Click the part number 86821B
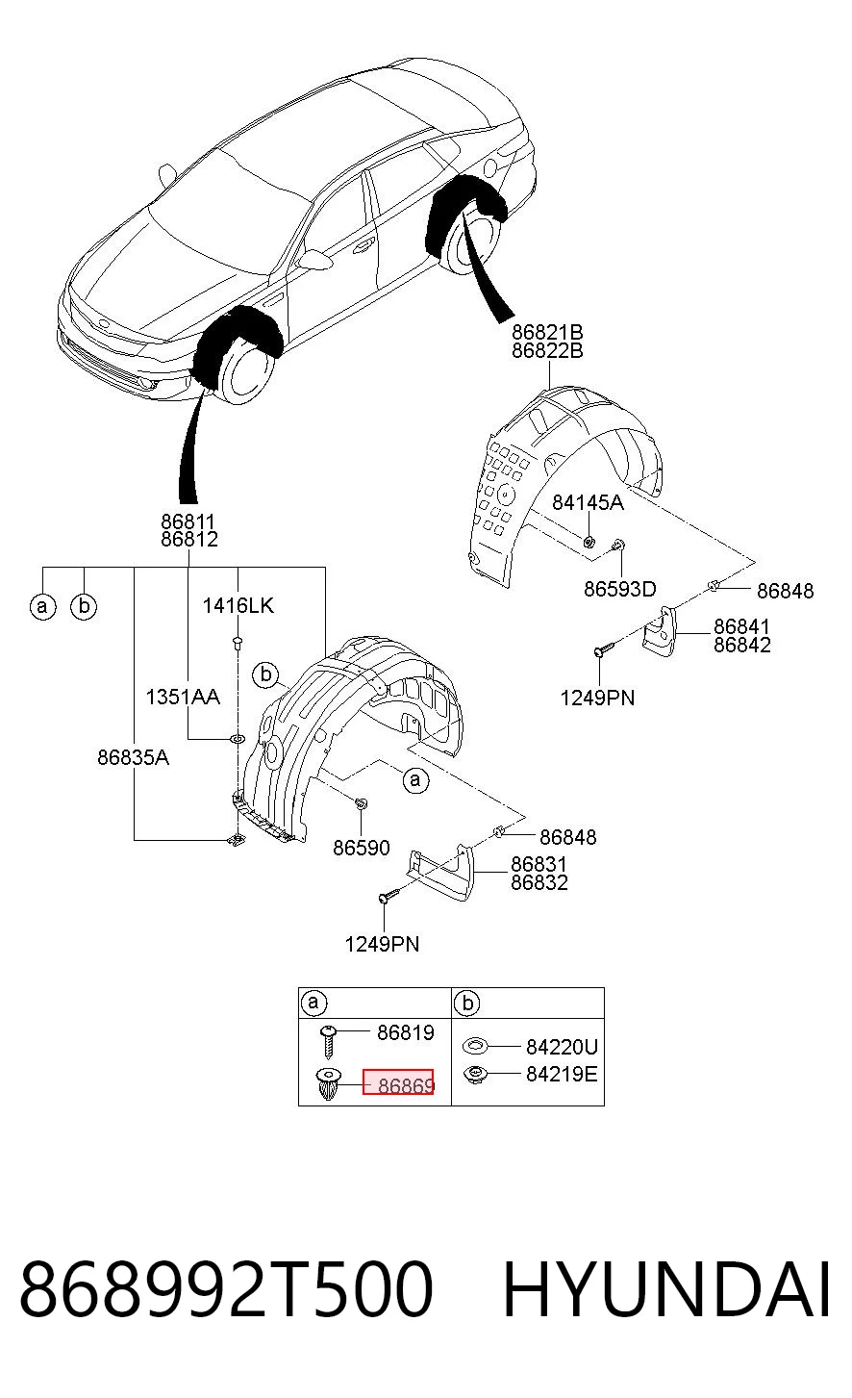point(547,332)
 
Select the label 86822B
point(547,351)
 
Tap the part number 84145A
point(588,502)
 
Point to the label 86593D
point(620,589)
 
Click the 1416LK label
point(238,605)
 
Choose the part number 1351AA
point(183,697)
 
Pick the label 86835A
point(133,757)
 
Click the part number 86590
point(362,848)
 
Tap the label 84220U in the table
point(562,1047)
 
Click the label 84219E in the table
point(562,1074)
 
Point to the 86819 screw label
point(406,1032)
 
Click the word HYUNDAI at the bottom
point(666,1289)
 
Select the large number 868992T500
point(226,1289)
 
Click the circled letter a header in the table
point(313,1003)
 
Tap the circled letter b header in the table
point(466,1004)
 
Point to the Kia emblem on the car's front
point(102,324)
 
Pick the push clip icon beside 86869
point(328,1084)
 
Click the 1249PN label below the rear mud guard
point(597,698)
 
